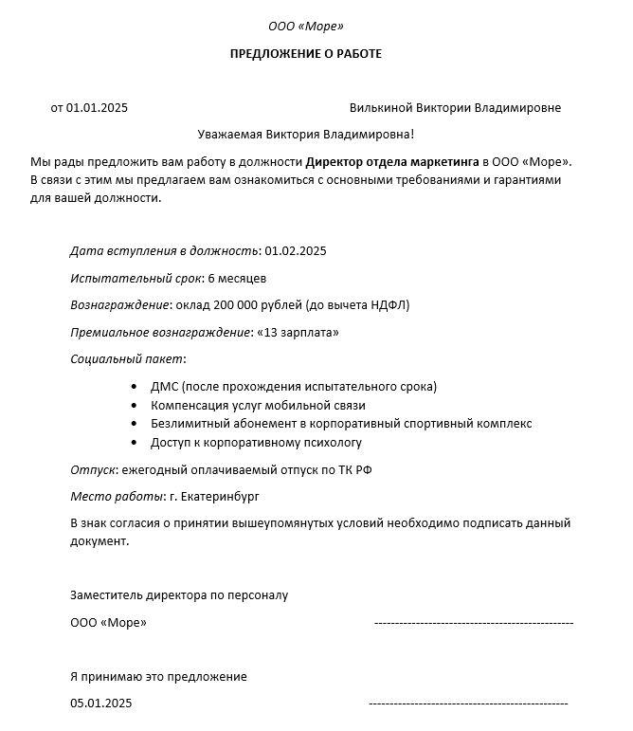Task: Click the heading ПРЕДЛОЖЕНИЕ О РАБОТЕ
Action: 306,54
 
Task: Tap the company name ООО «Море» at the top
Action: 306,26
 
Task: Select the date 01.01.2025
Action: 96,108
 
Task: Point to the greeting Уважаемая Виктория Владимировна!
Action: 306,136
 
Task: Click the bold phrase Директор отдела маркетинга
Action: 392,162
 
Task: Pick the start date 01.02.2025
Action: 296,251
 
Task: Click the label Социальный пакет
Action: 127,359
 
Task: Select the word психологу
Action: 331,442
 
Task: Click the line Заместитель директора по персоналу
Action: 179,595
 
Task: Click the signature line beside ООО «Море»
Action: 474,623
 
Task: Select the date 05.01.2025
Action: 101,704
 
